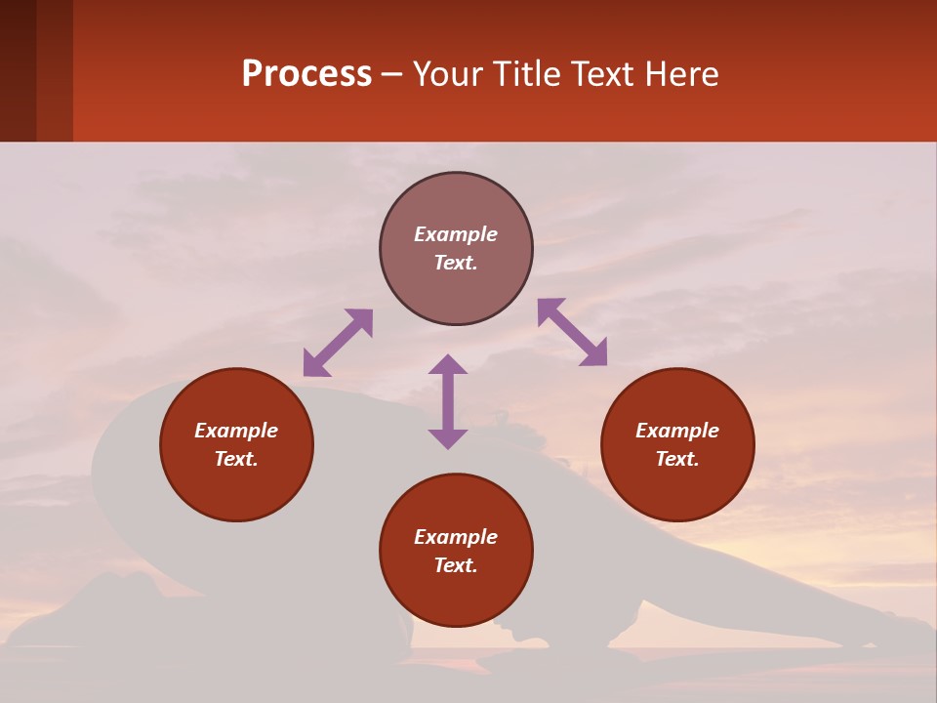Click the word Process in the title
click(306, 74)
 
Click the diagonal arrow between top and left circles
click(338, 343)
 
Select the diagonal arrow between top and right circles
click(572, 332)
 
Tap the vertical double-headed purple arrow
click(448, 401)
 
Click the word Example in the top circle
click(456, 234)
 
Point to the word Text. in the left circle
click(236, 459)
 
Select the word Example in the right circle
click(677, 431)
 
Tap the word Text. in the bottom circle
click(456, 565)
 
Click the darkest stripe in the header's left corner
click(18, 70)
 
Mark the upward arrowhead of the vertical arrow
click(448, 365)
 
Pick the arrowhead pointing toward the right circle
click(594, 353)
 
